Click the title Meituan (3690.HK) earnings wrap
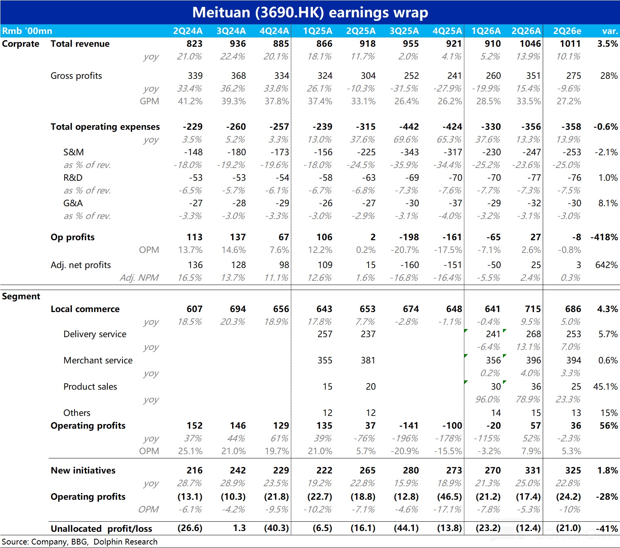[x=310, y=12]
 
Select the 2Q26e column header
[x=567, y=31]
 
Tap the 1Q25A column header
[x=318, y=31]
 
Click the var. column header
[x=610, y=31]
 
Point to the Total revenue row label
[x=80, y=44]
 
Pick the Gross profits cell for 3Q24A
[x=238, y=76]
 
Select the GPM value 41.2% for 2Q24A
[x=190, y=101]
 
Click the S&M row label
[x=73, y=152]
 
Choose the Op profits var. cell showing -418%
[x=604, y=237]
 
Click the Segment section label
[x=21, y=296]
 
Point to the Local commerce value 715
[x=533, y=309]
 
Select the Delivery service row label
[x=95, y=334]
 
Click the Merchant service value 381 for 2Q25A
[x=368, y=360]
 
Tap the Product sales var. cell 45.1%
[x=606, y=387]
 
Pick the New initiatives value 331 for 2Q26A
[x=533, y=470]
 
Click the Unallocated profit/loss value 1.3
[x=240, y=528]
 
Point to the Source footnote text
[x=80, y=542]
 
